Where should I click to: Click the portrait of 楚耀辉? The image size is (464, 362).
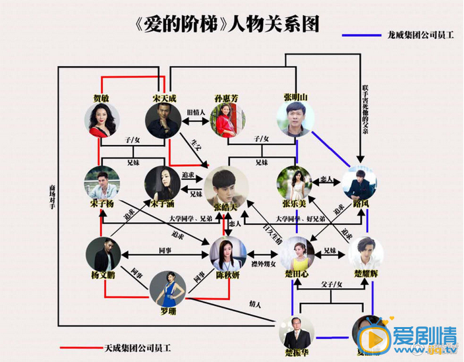(x=364, y=254)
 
